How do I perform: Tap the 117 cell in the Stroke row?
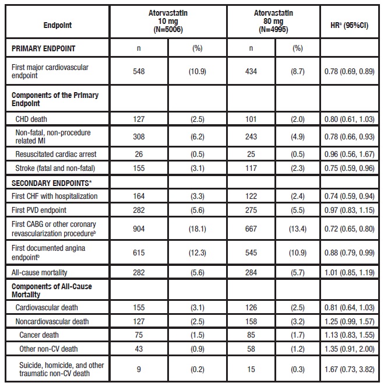point(251,167)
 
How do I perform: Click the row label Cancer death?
point(39,335)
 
